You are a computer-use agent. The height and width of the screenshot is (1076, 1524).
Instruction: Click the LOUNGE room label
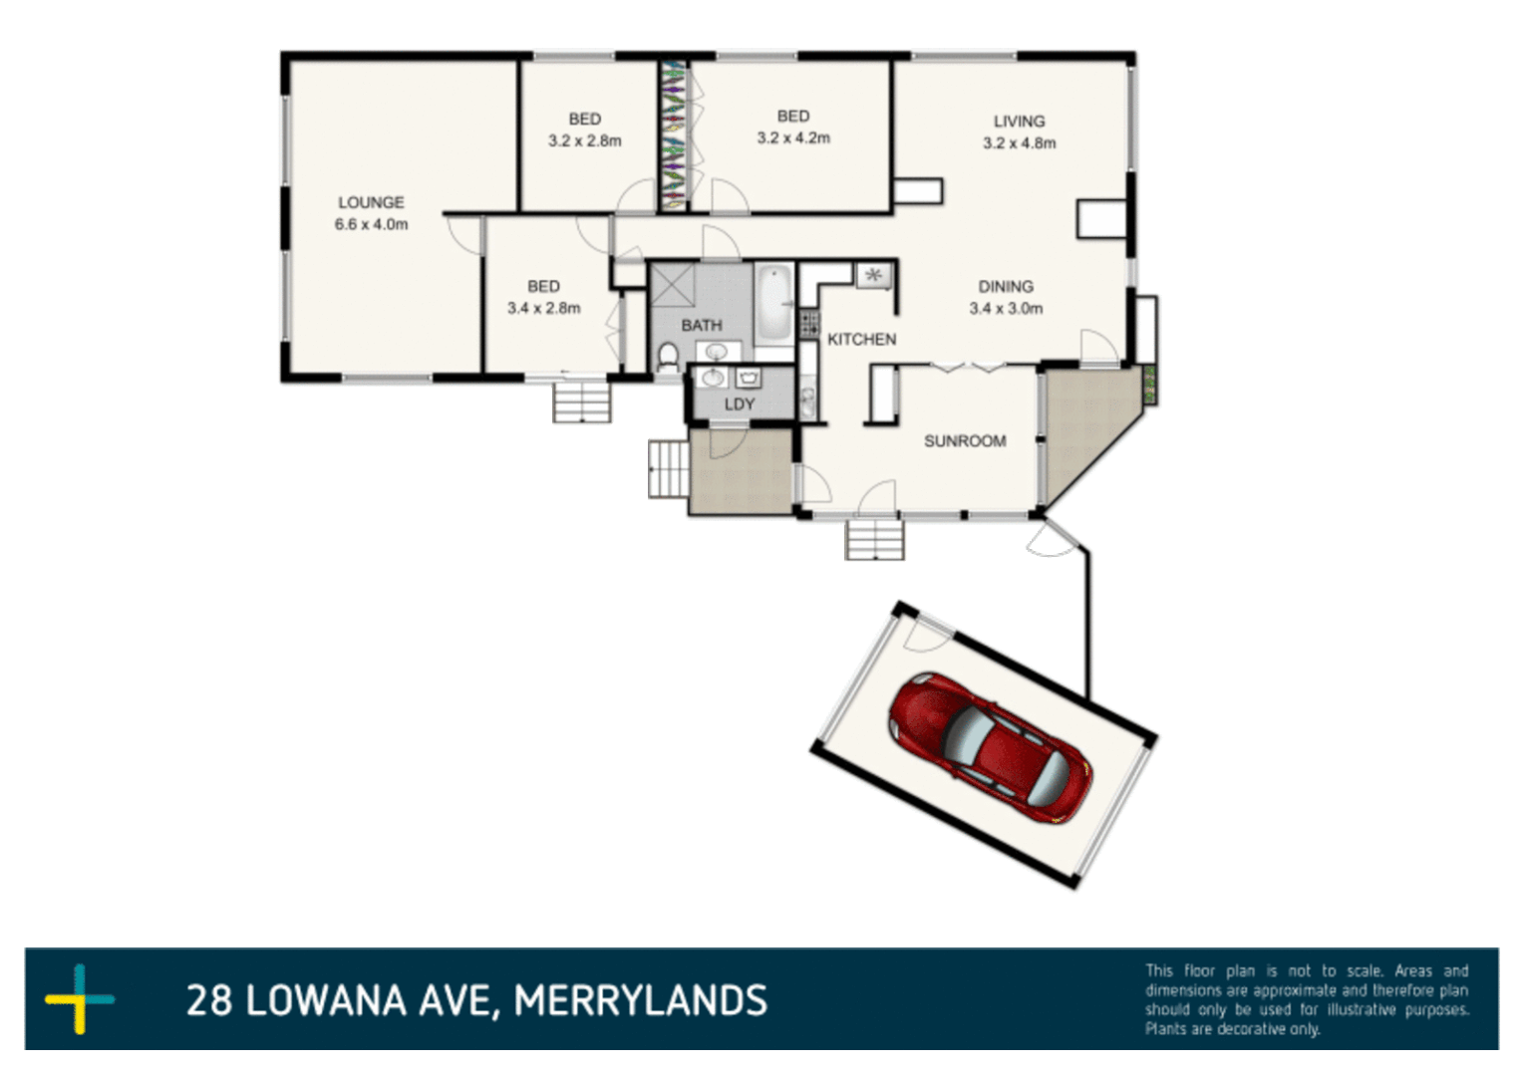tap(371, 202)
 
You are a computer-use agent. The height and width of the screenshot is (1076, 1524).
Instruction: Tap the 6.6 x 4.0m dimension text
tap(371, 224)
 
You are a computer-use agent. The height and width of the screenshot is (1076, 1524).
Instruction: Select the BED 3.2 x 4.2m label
tap(792, 128)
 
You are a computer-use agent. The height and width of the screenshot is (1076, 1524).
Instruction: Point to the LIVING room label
tap(1019, 122)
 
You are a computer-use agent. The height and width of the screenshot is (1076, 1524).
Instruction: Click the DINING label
tap(1005, 287)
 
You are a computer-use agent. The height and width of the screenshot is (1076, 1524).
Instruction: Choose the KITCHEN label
tap(861, 340)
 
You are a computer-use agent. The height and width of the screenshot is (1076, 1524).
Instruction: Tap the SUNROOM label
tap(964, 441)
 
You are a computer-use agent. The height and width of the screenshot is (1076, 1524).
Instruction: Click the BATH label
tap(702, 326)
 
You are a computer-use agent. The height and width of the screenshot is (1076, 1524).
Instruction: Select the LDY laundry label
tap(739, 403)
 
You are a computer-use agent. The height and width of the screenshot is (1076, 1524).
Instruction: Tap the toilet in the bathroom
tap(669, 356)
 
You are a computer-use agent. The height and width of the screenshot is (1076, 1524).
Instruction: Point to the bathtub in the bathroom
tap(773, 301)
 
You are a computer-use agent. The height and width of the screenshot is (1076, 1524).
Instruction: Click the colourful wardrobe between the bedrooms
tap(674, 135)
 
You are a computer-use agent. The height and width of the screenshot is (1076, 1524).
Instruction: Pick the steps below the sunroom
tap(875, 540)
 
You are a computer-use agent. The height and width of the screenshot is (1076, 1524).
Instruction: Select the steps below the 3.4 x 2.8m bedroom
tap(582, 403)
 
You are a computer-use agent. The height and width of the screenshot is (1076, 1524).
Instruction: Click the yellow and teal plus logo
tap(80, 998)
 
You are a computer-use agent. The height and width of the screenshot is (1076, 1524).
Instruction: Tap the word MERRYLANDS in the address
tap(640, 1000)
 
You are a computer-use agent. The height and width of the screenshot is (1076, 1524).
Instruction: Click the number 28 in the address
tap(208, 1000)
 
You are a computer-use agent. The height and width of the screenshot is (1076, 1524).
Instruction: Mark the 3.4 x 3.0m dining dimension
tap(1005, 309)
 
